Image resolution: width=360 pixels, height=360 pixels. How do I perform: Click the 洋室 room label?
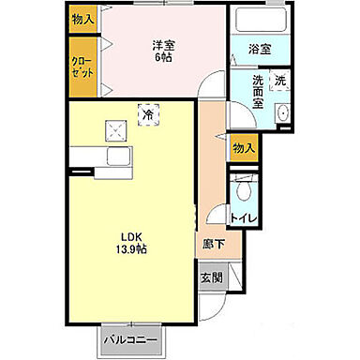tap(164, 43)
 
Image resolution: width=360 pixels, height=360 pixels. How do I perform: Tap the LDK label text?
tap(129, 235)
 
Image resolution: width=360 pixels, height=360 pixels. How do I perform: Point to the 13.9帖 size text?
tap(129, 249)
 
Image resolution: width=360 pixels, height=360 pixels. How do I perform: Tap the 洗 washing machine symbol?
tap(279, 81)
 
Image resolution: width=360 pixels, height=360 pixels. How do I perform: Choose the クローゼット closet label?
tap(82, 67)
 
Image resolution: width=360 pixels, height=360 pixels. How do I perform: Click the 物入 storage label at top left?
tap(82, 20)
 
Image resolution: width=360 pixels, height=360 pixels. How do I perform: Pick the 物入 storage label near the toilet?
tap(243, 148)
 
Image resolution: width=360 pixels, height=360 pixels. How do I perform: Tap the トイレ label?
tap(244, 218)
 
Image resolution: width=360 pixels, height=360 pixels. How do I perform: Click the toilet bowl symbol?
tap(245, 190)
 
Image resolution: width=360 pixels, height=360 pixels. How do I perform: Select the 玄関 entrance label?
tap(211, 277)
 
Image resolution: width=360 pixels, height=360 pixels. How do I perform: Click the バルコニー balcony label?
tap(129, 338)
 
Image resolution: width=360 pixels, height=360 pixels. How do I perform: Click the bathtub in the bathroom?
tap(259, 22)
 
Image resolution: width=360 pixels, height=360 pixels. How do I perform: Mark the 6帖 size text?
tap(164, 56)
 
